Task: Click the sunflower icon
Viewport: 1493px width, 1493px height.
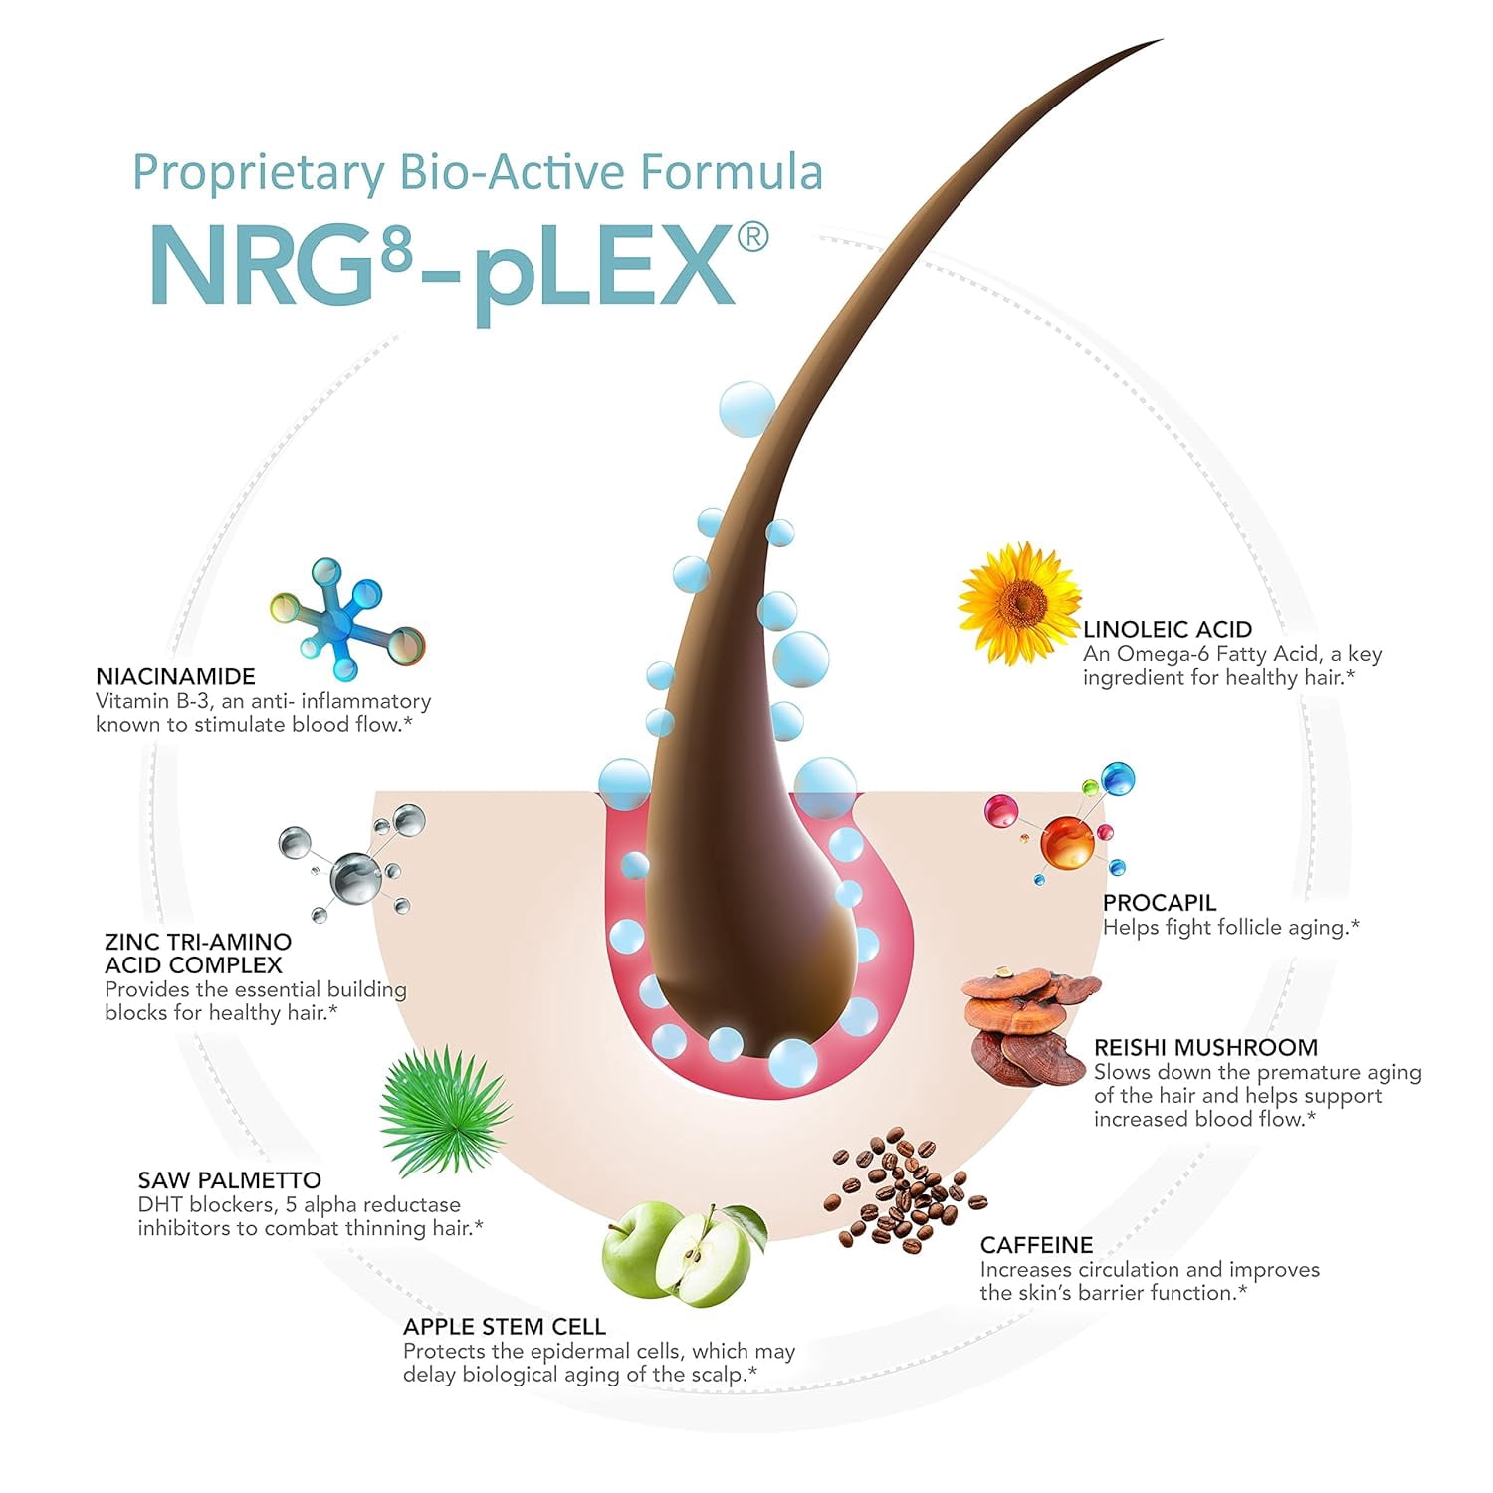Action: point(1019,603)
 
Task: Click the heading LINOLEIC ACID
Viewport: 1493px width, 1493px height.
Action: point(1168,629)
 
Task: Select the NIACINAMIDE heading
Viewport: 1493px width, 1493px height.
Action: point(175,676)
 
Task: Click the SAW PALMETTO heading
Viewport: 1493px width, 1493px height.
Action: point(230,1180)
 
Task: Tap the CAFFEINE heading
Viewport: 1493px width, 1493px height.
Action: point(1036,1245)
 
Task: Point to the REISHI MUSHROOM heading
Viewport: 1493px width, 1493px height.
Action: point(1205,1047)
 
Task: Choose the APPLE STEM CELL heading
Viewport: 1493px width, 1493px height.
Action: point(505,1326)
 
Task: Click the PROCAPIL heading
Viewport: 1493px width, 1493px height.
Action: point(1160,902)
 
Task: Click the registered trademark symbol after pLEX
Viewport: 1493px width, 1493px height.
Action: point(751,240)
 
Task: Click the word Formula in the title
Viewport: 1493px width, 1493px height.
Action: point(732,171)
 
